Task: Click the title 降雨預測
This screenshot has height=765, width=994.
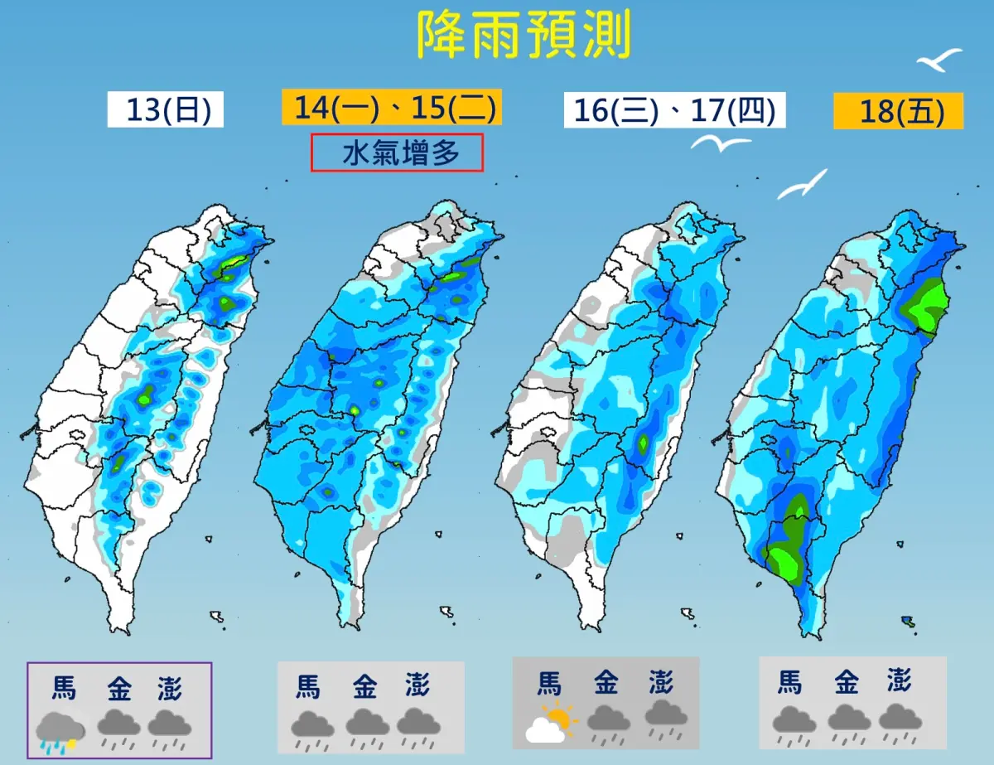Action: tap(524, 36)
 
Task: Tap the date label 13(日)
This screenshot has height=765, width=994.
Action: tap(165, 110)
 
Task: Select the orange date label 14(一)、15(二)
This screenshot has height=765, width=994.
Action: tap(392, 109)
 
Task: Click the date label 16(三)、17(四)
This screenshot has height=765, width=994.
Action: tap(674, 110)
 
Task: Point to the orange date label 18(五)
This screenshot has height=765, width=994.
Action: tap(898, 110)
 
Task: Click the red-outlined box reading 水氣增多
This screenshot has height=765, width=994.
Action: tap(397, 153)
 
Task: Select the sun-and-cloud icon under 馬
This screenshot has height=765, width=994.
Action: tap(550, 724)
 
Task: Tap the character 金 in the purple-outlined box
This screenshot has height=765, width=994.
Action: tap(118, 689)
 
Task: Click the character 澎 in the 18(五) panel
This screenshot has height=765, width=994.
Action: tap(900, 682)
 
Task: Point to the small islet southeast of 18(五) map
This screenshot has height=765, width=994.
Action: tap(908, 621)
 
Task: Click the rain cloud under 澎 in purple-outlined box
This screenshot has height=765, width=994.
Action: tap(170, 727)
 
